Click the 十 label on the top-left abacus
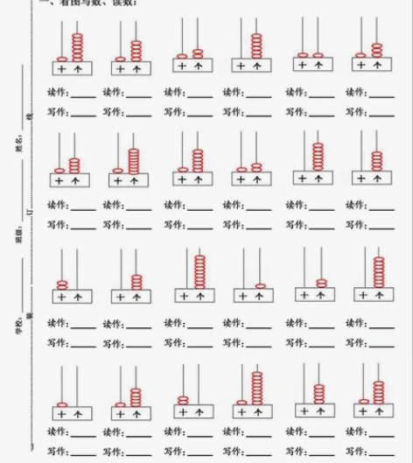coord(61,67)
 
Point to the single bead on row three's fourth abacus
coord(260,285)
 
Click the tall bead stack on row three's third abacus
coord(200,271)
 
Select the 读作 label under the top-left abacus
coord(56,92)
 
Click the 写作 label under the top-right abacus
coord(354,111)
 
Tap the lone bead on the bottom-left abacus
coord(62,403)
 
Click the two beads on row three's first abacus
coord(62,284)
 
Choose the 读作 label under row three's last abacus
coord(354,323)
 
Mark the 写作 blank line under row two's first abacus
coord(83,226)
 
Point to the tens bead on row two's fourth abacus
coord(242,169)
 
